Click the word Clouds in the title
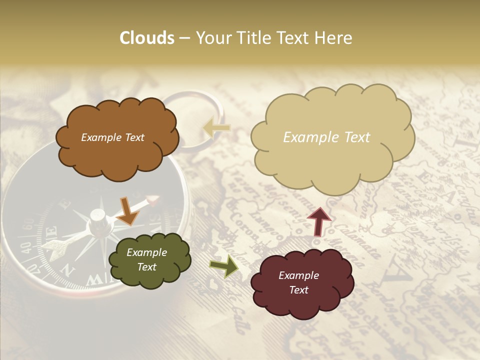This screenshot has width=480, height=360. point(147,38)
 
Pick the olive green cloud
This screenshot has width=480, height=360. point(149,260)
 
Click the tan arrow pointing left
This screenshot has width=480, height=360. point(217,128)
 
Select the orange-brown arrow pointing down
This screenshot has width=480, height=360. point(128,210)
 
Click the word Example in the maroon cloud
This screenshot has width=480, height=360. point(298,275)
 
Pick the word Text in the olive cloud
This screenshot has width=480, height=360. point(147,267)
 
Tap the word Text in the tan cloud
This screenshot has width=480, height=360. point(353,137)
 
